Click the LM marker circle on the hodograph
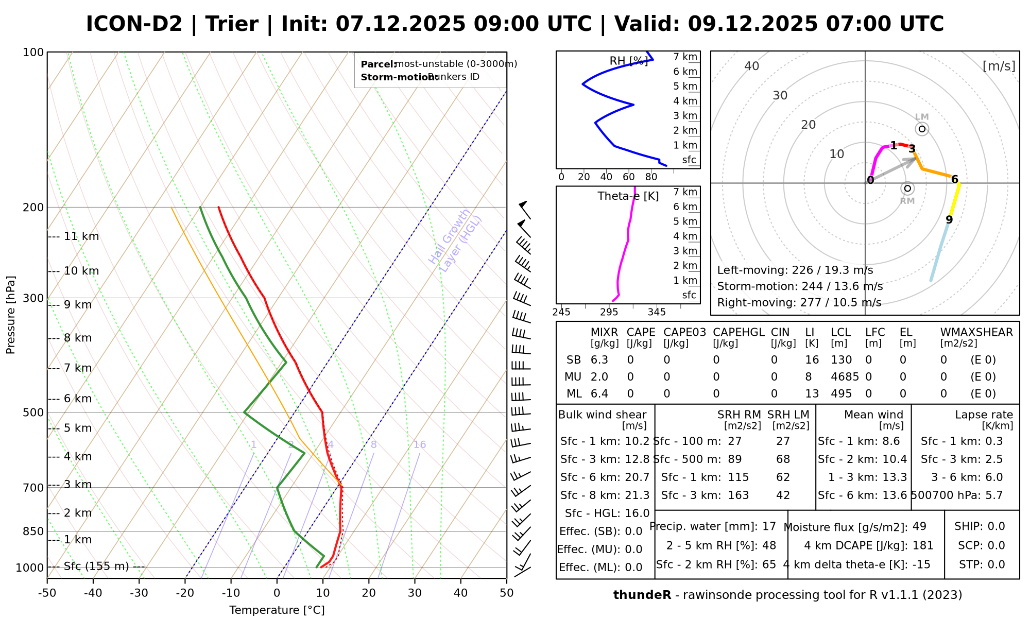pyautogui.click(x=922, y=129)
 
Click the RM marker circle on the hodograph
pyautogui.click(x=907, y=188)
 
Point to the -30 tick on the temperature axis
pyautogui.click(x=139, y=593)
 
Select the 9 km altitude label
pyautogui.click(x=78, y=305)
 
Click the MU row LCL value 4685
pyautogui.click(x=845, y=377)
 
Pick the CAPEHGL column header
pyautogui.click(x=739, y=333)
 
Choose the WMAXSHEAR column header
pyautogui.click(x=976, y=333)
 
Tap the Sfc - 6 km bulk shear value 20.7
pyautogui.click(x=637, y=477)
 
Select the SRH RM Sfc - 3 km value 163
pyautogui.click(x=738, y=495)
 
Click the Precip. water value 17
pyautogui.click(x=769, y=526)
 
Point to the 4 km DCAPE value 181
pyautogui.click(x=923, y=545)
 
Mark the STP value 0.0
pyautogui.click(x=996, y=564)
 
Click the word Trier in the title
pyautogui.click(x=232, y=24)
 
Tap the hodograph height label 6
pyautogui.click(x=954, y=180)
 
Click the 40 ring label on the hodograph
pyautogui.click(x=752, y=66)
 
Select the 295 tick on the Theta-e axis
pyautogui.click(x=609, y=312)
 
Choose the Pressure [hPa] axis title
pyautogui.click(x=11, y=315)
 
